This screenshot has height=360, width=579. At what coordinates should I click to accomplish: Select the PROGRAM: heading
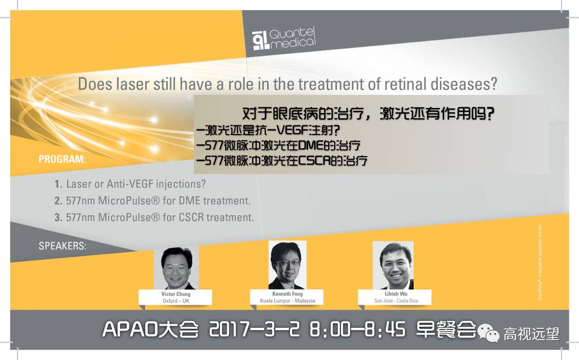coord(62,159)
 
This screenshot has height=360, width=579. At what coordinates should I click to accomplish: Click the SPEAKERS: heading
coord(62,246)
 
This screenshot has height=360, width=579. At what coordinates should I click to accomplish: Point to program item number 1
coord(58,184)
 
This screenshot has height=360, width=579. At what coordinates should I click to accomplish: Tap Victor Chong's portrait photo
coord(176,267)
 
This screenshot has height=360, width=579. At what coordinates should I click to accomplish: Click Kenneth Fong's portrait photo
coord(287,265)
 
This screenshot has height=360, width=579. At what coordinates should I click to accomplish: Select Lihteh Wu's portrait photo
coord(392,266)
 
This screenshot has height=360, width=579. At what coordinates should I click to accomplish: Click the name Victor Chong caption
coord(175,294)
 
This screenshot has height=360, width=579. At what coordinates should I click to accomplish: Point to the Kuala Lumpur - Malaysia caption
coord(287,301)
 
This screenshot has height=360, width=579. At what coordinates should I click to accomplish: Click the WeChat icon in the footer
coord(490,332)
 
